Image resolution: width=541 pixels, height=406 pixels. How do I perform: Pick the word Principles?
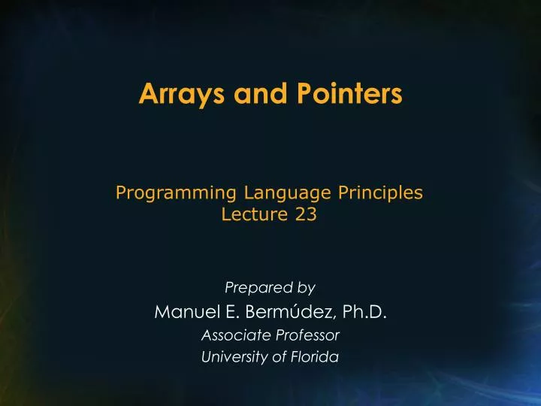(378, 194)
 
